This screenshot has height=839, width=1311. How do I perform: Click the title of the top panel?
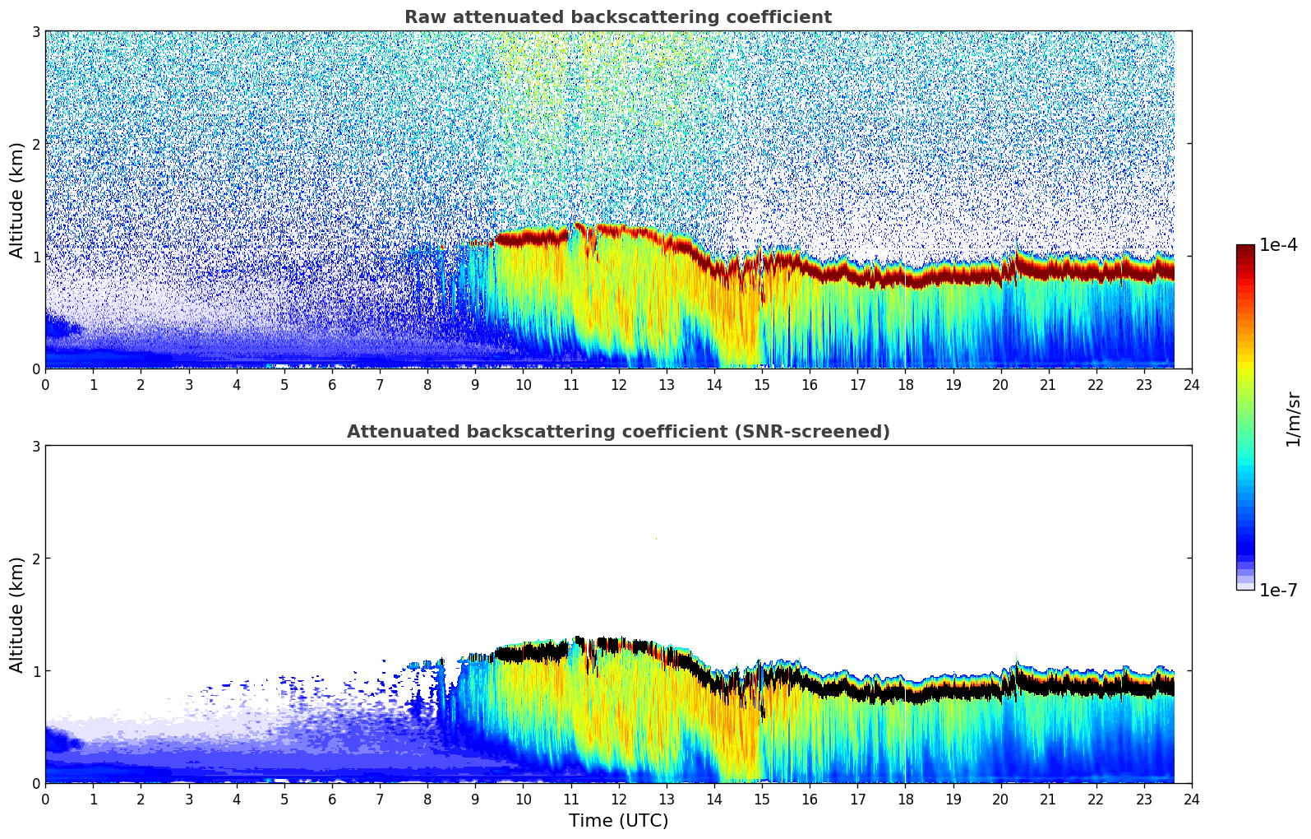pyautogui.click(x=617, y=17)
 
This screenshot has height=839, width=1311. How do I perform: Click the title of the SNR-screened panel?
pyautogui.click(x=617, y=432)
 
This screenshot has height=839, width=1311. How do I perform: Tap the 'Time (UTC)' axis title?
pyautogui.click(x=618, y=821)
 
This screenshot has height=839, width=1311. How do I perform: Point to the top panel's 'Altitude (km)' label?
pyautogui.click(x=17, y=200)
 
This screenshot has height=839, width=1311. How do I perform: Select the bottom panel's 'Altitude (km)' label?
pyautogui.click(x=17, y=614)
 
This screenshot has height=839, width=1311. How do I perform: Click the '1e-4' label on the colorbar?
pyautogui.click(x=1278, y=245)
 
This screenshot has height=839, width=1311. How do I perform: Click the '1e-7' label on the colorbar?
pyautogui.click(x=1278, y=591)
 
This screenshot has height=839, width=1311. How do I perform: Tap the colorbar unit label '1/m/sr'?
pyautogui.click(x=1293, y=418)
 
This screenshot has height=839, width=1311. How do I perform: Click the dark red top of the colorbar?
pyautogui.click(x=1245, y=248)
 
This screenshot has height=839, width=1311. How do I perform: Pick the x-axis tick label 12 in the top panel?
pyautogui.click(x=618, y=384)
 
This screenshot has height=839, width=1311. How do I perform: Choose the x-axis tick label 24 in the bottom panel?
pyautogui.click(x=1191, y=799)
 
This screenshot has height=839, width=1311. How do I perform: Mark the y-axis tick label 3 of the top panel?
pyautogui.click(x=35, y=31)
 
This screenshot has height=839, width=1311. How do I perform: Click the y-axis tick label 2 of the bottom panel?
pyautogui.click(x=35, y=559)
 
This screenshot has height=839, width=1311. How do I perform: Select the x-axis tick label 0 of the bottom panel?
pyautogui.click(x=45, y=799)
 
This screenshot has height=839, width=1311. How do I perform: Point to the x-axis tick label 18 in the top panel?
pyautogui.click(x=905, y=384)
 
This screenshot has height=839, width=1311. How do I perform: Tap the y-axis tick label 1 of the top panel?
pyautogui.click(x=35, y=257)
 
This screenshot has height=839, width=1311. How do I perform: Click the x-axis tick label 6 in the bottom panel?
pyautogui.click(x=332, y=799)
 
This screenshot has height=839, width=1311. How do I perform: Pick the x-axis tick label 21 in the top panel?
pyautogui.click(x=1048, y=384)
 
